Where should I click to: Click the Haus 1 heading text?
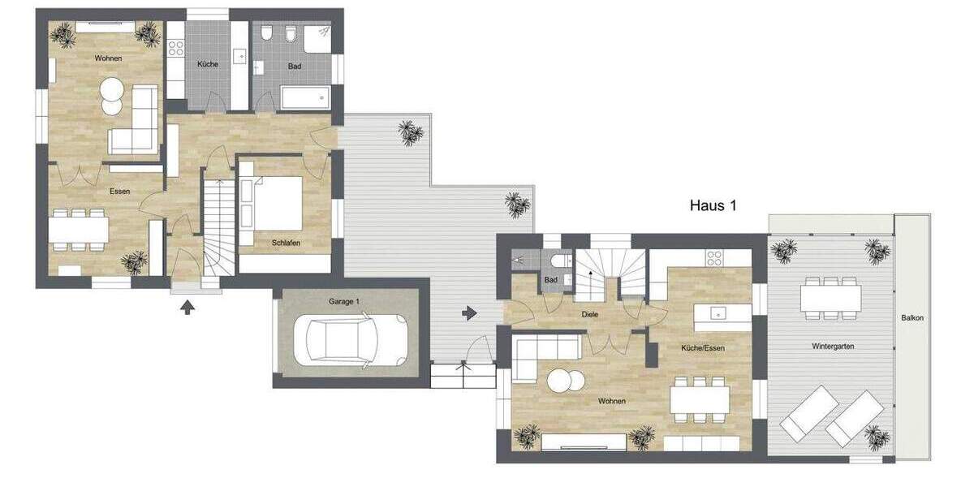click(x=712, y=206)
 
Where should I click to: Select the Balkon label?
click(x=912, y=318)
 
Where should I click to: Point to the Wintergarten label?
click(x=833, y=346)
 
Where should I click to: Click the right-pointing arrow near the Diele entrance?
click(x=469, y=312)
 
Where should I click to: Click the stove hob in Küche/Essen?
click(x=714, y=258)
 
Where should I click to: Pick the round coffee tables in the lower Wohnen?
click(x=564, y=381)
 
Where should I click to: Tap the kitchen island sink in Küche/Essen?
click(x=718, y=313)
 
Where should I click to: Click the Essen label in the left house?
click(x=121, y=192)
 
